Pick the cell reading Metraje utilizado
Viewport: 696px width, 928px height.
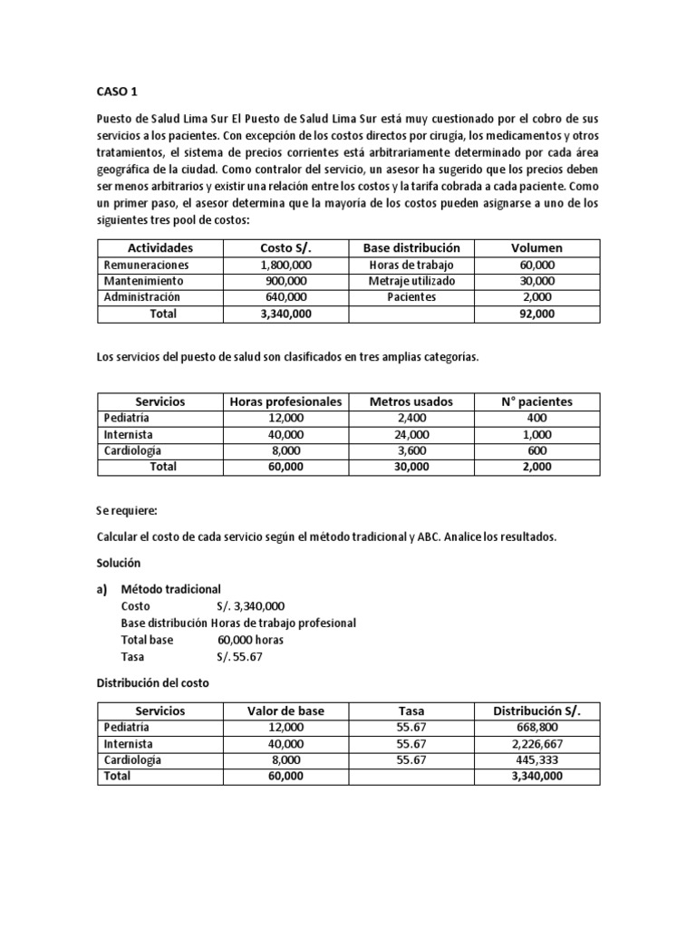pos(411,281)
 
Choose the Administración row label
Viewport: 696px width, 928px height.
pos(142,297)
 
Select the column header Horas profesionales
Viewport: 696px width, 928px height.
pos(285,401)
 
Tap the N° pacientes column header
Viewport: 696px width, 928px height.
pos(537,401)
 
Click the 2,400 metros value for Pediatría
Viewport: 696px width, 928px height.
pos(411,418)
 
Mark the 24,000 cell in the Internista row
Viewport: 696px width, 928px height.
pos(411,434)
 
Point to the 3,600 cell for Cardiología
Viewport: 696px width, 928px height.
pos(411,450)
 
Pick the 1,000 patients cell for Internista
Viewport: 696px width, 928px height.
pos(537,434)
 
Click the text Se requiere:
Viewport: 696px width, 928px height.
pos(126,511)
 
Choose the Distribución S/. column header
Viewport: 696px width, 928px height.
pos(536,710)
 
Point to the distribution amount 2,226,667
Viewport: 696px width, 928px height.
pos(536,743)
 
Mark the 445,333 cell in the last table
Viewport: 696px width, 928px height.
pos(536,759)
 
